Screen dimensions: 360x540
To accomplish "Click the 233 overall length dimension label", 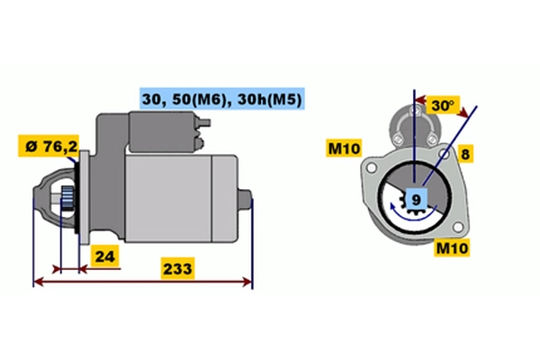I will pyautogui.click(x=176, y=268).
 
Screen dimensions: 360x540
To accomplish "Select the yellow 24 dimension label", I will pyautogui.click(x=105, y=256).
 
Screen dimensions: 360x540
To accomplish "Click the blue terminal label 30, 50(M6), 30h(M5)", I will pyautogui.click(x=232, y=100).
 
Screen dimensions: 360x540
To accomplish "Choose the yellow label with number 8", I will pyautogui.click(x=464, y=154).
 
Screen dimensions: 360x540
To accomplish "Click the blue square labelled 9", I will pyautogui.click(x=416, y=199).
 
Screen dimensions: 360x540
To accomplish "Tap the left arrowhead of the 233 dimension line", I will pyautogui.click(x=36, y=283).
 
